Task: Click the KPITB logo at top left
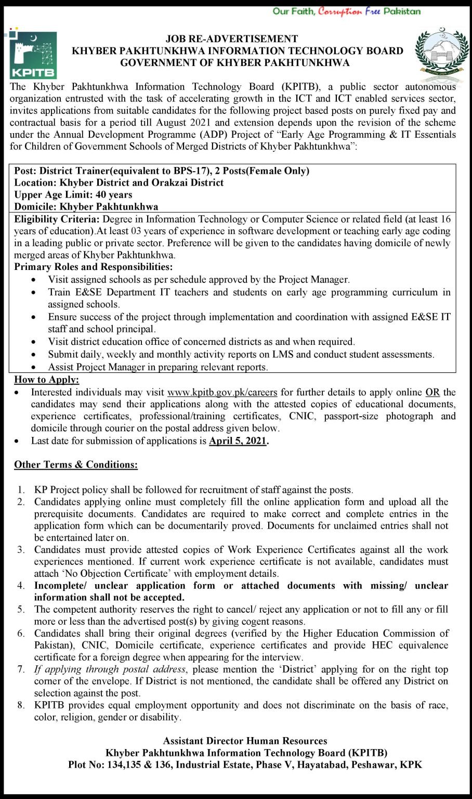[x=33, y=55]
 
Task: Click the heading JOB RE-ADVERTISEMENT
[x=232, y=39]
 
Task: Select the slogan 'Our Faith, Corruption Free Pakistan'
[x=347, y=11]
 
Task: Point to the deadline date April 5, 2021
[x=238, y=441]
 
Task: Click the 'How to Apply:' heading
[x=46, y=380]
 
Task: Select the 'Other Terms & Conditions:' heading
[x=76, y=465]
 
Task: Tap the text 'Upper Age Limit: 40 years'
[x=73, y=195]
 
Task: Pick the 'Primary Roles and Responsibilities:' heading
[x=94, y=267]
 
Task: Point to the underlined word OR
[x=432, y=392]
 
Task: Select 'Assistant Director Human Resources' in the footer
[x=245, y=741]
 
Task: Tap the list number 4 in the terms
[x=21, y=586]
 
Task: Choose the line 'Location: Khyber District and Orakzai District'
[x=119, y=183]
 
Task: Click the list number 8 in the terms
[x=21, y=705]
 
